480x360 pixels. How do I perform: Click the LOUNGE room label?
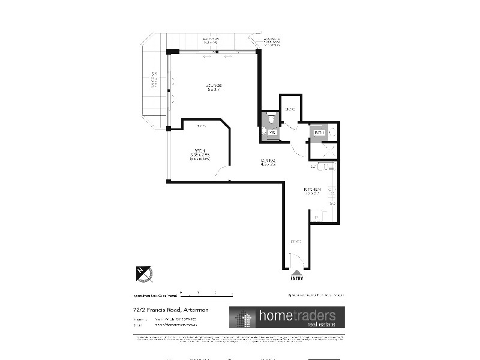214,87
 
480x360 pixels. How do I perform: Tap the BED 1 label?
199,151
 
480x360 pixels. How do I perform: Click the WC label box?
271,132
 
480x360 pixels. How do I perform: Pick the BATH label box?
318,133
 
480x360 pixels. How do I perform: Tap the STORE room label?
290,109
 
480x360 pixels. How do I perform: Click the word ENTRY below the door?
296,278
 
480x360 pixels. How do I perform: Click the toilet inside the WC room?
271,117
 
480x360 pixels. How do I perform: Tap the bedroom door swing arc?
221,173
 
